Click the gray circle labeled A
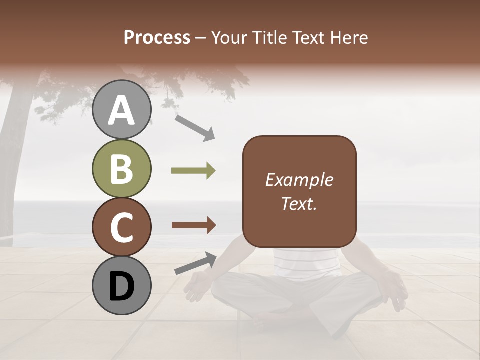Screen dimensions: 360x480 pos(122,109)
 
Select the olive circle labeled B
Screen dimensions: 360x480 pos(122,168)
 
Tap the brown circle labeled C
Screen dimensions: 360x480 pos(122,227)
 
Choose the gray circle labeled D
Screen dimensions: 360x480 pos(122,286)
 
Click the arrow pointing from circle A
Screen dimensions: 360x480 pos(195,127)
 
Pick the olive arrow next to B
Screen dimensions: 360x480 pos(193,171)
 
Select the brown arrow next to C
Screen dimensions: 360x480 pos(193,225)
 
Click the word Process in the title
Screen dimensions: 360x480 pos(157,37)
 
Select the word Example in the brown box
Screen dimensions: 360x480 pos(299,180)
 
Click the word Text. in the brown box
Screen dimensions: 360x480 pos(299,203)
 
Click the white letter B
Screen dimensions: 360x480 pos(122,168)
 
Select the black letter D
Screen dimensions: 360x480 pos(122,286)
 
